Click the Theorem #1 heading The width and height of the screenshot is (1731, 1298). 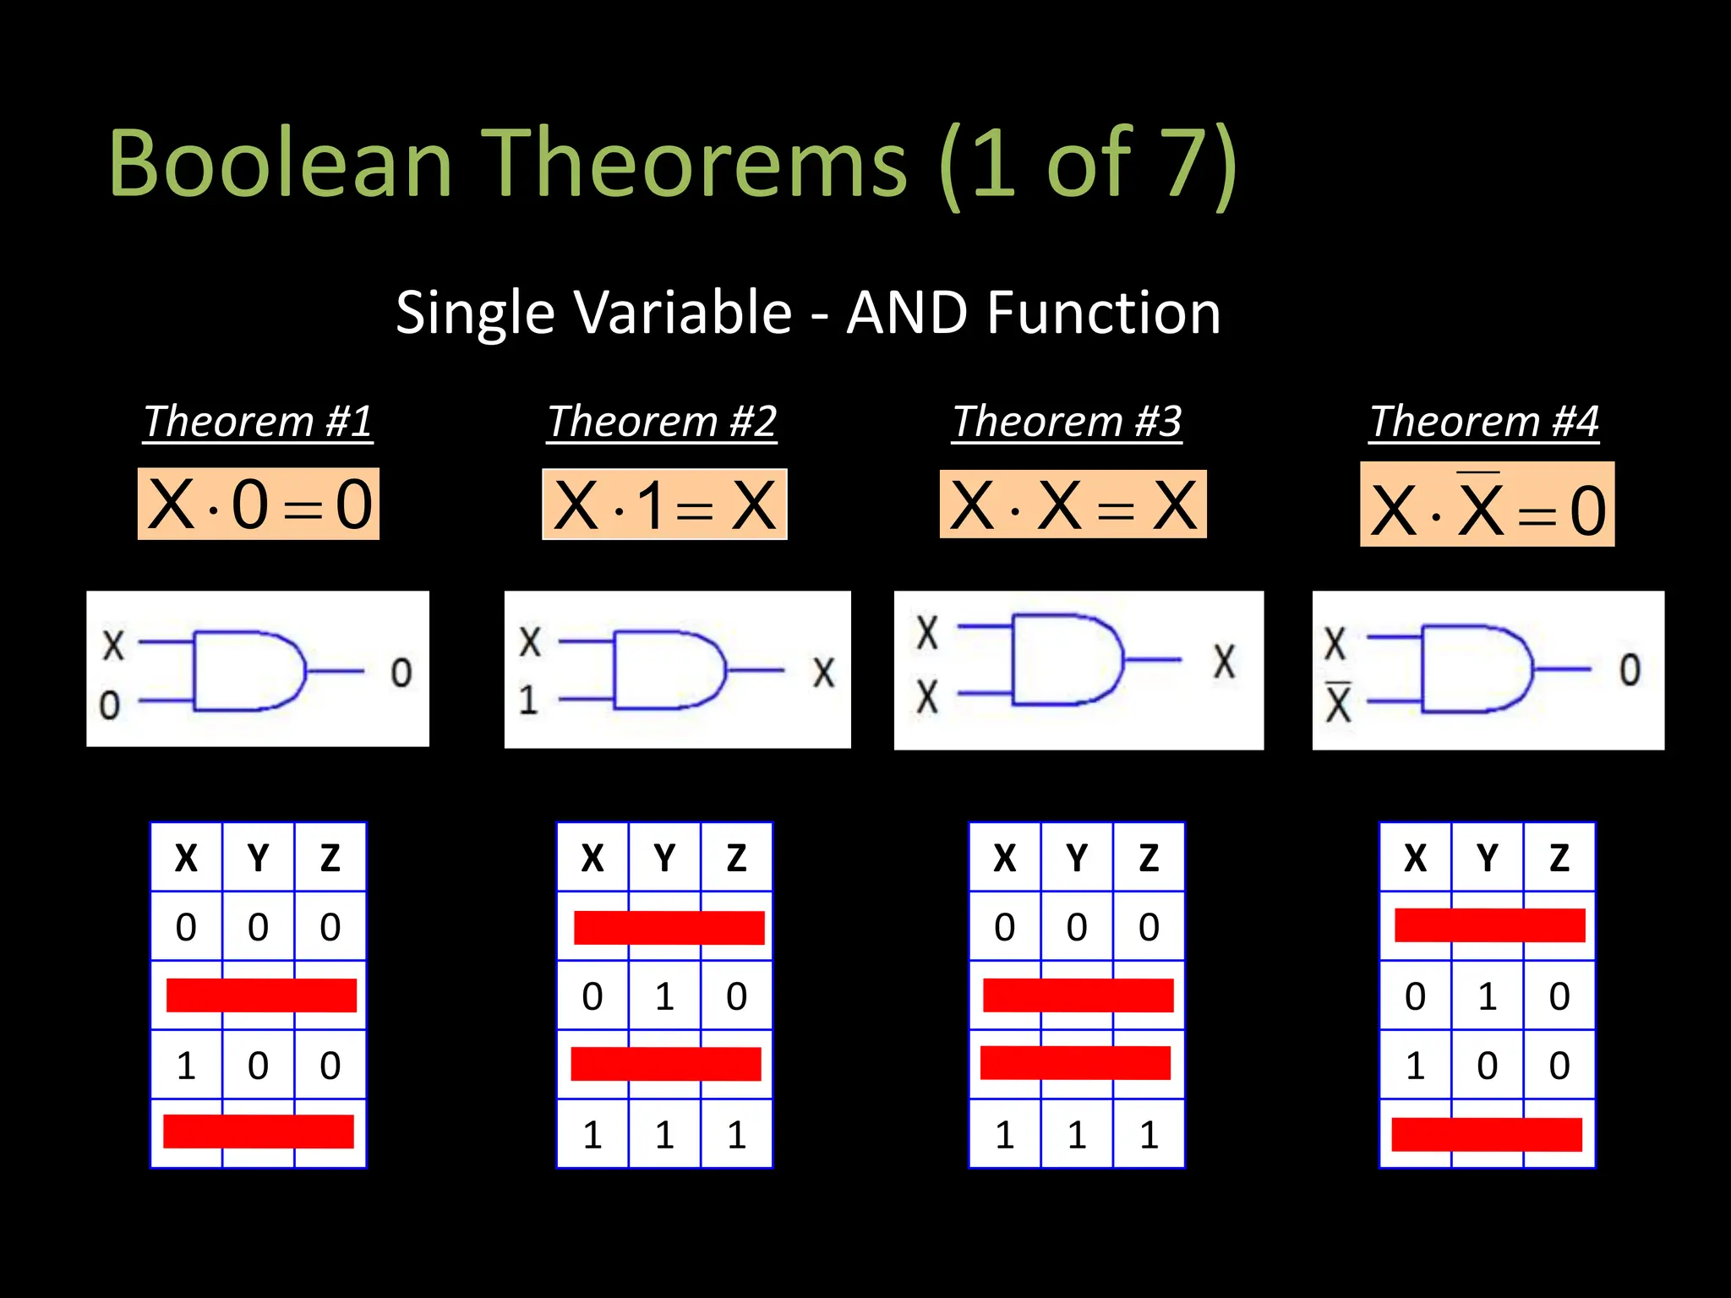pyautogui.click(x=258, y=421)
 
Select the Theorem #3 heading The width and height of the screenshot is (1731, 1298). pyautogui.click(x=1067, y=421)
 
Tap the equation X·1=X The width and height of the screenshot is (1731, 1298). pyautogui.click(x=664, y=504)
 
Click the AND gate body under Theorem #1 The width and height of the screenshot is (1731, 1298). pyautogui.click(x=245, y=670)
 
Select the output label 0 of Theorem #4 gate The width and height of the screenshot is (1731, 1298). pyautogui.click(x=1630, y=670)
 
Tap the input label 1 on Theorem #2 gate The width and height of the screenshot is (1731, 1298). pyautogui.click(x=528, y=700)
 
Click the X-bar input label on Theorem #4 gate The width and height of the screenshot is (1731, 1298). pyautogui.click(x=1338, y=702)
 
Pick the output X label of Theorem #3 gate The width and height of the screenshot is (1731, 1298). pyautogui.click(x=1224, y=662)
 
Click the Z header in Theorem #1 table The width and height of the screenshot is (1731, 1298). pyautogui.click(x=330, y=859)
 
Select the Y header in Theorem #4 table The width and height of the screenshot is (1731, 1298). pyautogui.click(x=1487, y=859)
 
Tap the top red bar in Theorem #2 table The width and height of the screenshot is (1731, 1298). pyautogui.click(x=669, y=927)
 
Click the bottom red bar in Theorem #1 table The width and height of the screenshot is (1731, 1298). pyautogui.click(x=259, y=1132)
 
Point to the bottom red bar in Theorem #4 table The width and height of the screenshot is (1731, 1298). pyautogui.click(x=1487, y=1134)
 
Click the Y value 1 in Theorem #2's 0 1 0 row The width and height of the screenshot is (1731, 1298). pyautogui.click(x=664, y=996)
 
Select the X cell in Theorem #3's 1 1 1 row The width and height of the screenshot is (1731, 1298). pyautogui.click(x=1004, y=1135)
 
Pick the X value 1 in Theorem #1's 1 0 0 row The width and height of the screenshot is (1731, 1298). pyautogui.click(x=186, y=1066)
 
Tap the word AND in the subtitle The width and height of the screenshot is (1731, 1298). pyautogui.click(x=906, y=313)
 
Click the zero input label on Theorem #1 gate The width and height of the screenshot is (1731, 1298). pyautogui.click(x=110, y=705)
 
